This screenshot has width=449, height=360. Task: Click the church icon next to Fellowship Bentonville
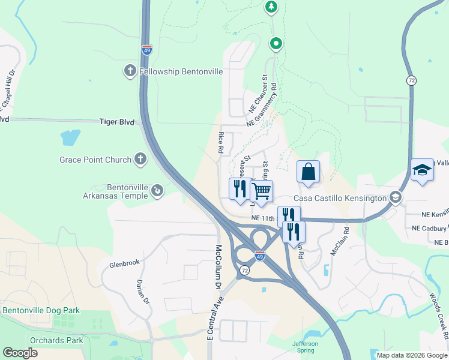pyautogui.click(x=129, y=71)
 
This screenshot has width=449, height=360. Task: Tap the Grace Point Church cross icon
pyautogui.click(x=140, y=160)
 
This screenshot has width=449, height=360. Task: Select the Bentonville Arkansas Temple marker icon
pyautogui.click(x=157, y=190)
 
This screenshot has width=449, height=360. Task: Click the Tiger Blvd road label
pyautogui.click(x=116, y=121)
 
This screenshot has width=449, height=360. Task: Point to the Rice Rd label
pyautogui.click(x=221, y=142)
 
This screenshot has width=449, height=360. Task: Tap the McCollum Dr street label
pyautogui.click(x=218, y=268)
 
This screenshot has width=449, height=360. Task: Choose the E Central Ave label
pyautogui.click(x=216, y=318)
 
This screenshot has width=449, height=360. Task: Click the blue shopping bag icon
pyautogui.click(x=308, y=172)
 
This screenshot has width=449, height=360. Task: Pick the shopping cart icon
pyautogui.click(x=261, y=191)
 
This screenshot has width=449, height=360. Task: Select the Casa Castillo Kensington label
pyautogui.click(x=340, y=198)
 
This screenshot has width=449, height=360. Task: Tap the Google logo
pyautogui.click(x=20, y=353)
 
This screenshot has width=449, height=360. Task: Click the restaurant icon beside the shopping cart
pyautogui.click(x=240, y=188)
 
